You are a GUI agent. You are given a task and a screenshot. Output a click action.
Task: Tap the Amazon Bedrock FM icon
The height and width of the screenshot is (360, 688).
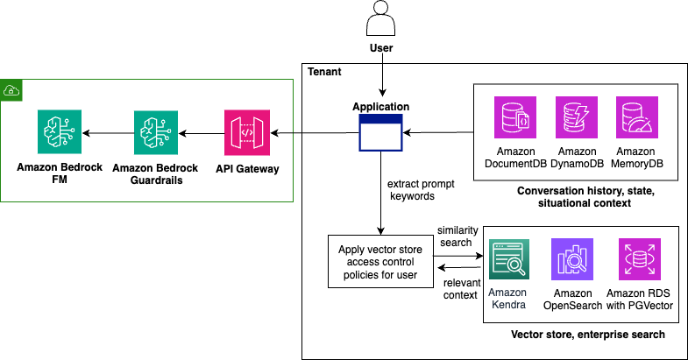point(60,132)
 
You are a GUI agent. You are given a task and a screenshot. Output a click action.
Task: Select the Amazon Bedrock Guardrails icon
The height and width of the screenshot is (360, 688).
point(156,132)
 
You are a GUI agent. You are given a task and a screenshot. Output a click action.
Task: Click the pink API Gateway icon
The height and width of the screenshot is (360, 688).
point(247,132)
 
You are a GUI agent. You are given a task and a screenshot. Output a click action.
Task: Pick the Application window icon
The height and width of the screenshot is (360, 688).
point(380,133)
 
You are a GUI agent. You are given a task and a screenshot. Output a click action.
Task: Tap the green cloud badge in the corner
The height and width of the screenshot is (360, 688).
point(11,89)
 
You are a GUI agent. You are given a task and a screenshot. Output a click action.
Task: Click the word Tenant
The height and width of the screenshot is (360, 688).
point(324,72)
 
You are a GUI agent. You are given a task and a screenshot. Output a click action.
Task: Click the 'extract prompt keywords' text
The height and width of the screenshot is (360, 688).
point(415,191)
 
